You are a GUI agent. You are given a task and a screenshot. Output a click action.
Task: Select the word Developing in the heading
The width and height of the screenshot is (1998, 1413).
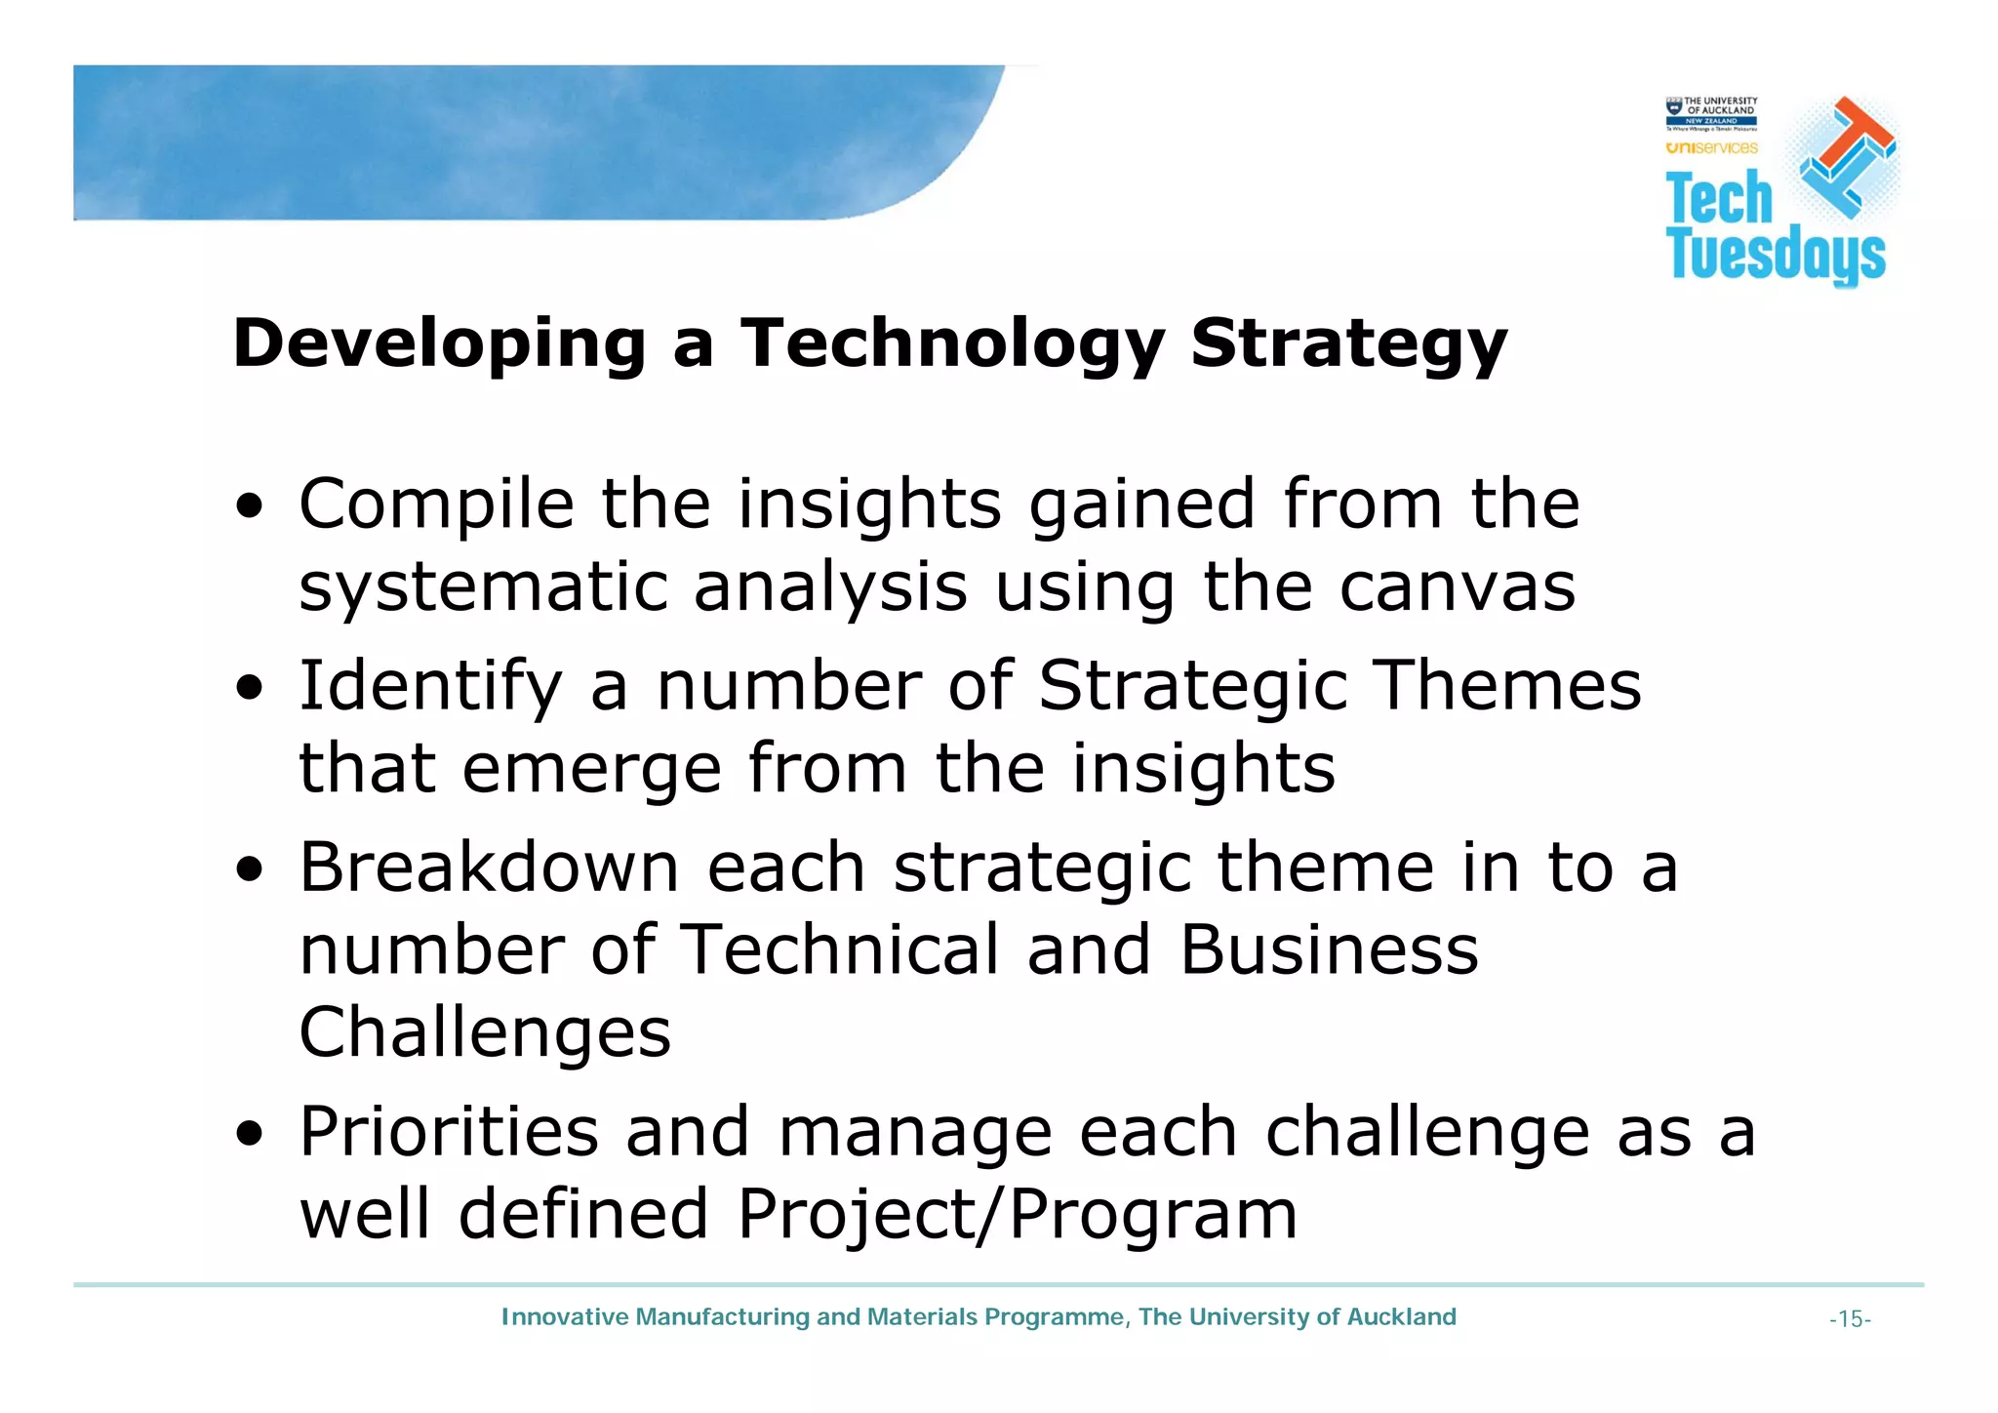tap(439, 345)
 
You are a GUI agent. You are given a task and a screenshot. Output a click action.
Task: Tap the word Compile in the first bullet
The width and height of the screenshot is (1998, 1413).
tap(436, 505)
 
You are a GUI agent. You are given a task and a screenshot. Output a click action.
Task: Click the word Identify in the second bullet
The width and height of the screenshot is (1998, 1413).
tap(430, 687)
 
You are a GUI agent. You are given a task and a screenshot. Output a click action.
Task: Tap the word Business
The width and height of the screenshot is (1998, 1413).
tap(1329, 950)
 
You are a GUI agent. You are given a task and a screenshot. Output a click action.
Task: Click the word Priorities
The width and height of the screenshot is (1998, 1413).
tap(449, 1133)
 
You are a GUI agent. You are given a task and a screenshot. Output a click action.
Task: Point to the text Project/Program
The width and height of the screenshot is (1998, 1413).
tap(1017, 1216)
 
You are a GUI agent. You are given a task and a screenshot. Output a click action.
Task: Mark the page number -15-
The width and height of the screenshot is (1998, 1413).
tap(1850, 1320)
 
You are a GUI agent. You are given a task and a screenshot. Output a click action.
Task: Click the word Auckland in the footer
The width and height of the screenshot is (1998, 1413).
tap(1401, 1317)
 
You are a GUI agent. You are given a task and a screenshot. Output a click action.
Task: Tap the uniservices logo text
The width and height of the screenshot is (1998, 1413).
tap(1711, 148)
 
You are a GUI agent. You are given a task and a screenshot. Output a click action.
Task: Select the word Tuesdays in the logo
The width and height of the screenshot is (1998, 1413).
tap(1776, 256)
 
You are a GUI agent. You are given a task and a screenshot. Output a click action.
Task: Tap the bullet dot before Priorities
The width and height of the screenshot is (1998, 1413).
tap(250, 1135)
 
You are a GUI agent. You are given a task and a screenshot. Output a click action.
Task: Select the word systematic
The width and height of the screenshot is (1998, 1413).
tap(483, 589)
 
